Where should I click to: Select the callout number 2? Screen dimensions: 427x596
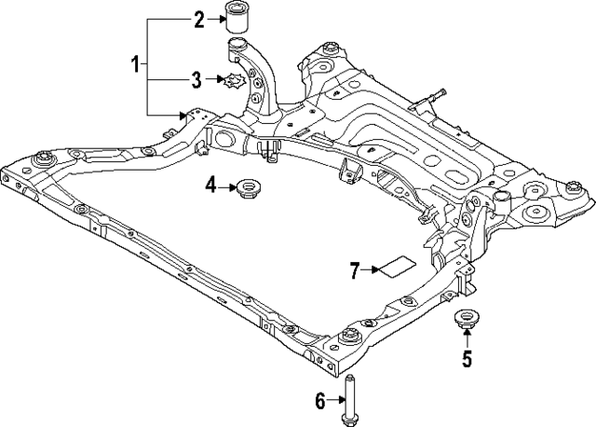198,18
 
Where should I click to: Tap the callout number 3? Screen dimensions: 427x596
196,80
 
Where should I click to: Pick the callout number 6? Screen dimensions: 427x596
319,401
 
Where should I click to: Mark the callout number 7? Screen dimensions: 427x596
355,270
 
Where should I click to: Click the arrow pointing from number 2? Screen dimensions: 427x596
215,18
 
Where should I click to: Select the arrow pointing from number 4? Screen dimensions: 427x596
227,187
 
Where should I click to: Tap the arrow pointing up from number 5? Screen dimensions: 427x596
467,339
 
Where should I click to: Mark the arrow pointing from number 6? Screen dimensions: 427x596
337,401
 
